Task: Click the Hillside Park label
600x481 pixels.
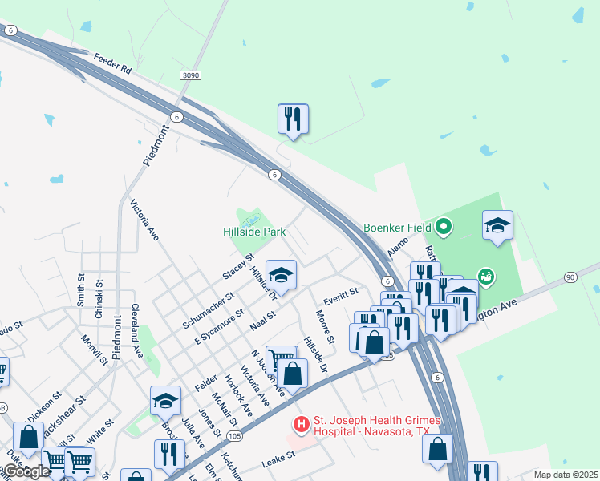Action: [x=254, y=232]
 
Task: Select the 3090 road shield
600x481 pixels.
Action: [x=190, y=75]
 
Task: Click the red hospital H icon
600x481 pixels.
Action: [x=301, y=423]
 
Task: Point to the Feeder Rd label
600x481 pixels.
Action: [x=111, y=63]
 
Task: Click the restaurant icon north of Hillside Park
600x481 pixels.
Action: [x=294, y=119]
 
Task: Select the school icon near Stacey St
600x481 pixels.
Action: [x=281, y=275]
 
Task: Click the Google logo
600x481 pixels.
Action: [x=26, y=471]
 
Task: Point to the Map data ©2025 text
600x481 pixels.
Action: [x=566, y=475]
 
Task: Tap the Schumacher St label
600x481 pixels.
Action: [x=207, y=309]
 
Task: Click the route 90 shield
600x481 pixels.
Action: [x=570, y=277]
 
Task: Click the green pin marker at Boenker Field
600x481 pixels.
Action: [x=441, y=227]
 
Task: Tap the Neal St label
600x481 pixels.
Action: [x=262, y=321]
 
